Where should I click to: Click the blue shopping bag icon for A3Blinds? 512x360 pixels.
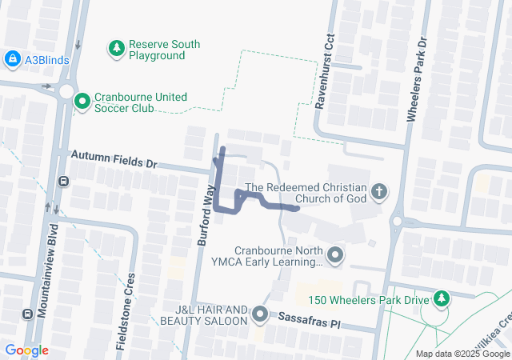(12, 59)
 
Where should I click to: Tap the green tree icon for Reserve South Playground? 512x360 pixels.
(117, 50)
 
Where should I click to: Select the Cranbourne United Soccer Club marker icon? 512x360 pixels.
(82, 101)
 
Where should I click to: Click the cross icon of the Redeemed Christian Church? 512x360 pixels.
(379, 192)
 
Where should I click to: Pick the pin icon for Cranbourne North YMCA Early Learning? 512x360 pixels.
(335, 256)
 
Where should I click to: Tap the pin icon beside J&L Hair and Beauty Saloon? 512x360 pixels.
(260, 314)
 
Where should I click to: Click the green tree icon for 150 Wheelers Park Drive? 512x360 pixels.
(441, 299)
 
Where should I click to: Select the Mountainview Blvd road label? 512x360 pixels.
(53, 264)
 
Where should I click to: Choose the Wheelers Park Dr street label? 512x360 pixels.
(414, 80)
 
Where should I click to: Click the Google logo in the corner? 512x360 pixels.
(26, 350)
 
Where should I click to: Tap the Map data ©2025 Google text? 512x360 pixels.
(462, 354)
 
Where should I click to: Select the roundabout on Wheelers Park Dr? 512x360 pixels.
(396, 222)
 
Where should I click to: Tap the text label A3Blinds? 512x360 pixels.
(47, 59)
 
